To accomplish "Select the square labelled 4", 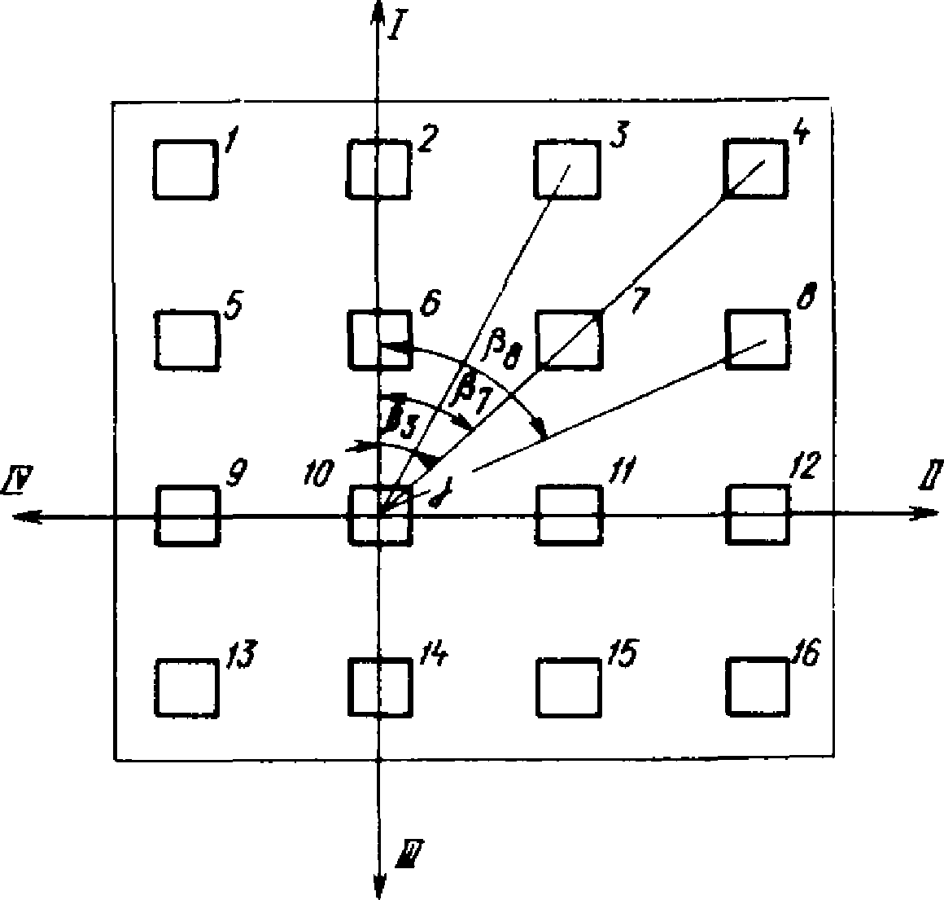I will click(x=756, y=169).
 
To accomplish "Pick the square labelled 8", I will click(x=757, y=339).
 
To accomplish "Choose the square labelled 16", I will click(x=758, y=687).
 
